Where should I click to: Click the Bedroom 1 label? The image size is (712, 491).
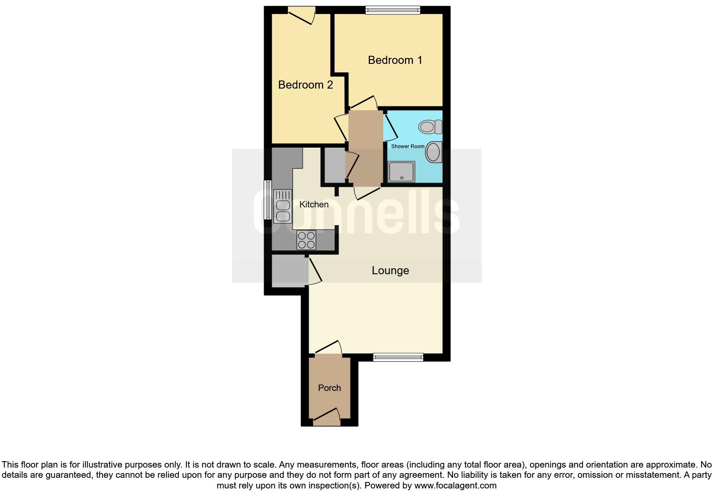coord(395,60)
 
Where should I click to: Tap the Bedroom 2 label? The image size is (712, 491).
coord(305,85)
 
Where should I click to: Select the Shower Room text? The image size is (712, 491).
coord(408,146)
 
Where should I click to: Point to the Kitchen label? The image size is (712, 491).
coord(314,204)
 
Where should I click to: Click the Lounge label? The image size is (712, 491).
coord(390,270)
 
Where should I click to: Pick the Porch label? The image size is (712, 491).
coord(329,388)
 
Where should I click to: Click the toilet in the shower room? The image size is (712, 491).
coord(431,126)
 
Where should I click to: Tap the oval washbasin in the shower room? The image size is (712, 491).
coord(434,152)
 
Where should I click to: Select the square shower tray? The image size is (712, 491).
coord(401,172)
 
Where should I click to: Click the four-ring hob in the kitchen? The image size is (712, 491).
coord(306,240)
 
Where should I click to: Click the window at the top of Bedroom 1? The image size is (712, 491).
coord(393,10)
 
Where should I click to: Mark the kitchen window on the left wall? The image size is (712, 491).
coord(267,200)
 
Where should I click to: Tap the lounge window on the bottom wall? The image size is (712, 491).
coord(398,357)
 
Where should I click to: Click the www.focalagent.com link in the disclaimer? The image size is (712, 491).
coord(455,485)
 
